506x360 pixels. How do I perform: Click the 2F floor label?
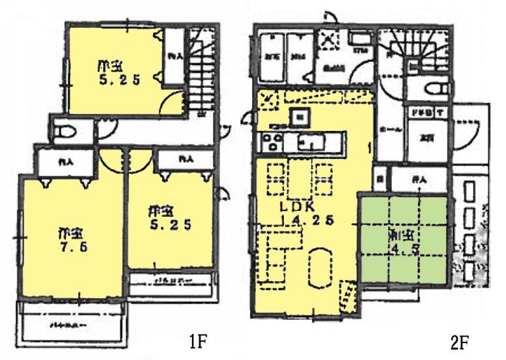[458, 340]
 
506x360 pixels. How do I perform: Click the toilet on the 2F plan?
[434, 89]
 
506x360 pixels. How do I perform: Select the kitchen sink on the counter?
[308, 140]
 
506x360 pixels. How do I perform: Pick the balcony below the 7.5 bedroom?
[76, 324]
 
